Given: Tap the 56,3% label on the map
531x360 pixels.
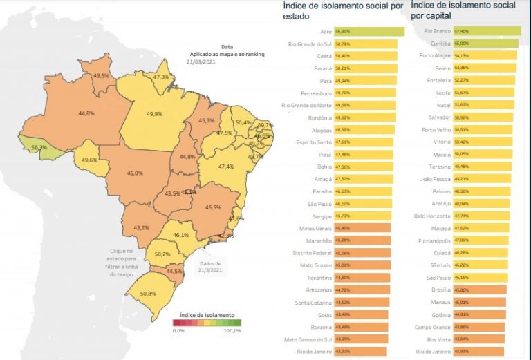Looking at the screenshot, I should coord(39,148).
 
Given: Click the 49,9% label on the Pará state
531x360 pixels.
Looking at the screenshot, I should coord(154,114).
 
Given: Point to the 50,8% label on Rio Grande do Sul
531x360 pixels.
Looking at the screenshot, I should coord(147,294).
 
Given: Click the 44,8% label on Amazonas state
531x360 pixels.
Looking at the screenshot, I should coord(86,113).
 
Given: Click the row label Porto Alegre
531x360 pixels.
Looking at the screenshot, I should coord(436,56).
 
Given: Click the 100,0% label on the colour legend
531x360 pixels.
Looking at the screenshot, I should coord(232,331).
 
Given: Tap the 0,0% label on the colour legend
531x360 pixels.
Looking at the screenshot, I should coord(178,331).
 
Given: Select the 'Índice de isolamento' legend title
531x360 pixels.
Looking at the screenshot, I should coord(207,315).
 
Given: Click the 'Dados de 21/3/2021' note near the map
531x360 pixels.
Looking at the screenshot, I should coord(209,267).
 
